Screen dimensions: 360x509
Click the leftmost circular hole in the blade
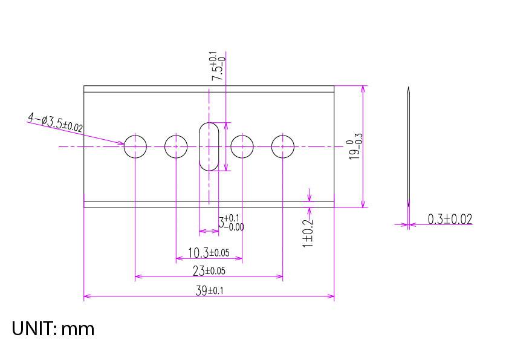pyautogui.click(x=135, y=146)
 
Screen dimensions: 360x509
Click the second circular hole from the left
pyautogui.click(x=176, y=146)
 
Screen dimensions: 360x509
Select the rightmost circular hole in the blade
pyautogui.click(x=282, y=146)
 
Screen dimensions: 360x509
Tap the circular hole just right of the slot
pyautogui.click(x=242, y=146)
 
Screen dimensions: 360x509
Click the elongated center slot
pyautogui.click(x=209, y=146)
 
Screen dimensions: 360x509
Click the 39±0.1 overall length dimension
pyautogui.click(x=209, y=290)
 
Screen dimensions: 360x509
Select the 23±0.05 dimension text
pyautogui.click(x=209, y=270)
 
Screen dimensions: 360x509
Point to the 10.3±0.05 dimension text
pyautogui.click(x=209, y=252)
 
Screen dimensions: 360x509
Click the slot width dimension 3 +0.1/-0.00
pyautogui.click(x=232, y=223)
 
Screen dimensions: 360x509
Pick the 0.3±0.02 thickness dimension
pyautogui.click(x=450, y=219)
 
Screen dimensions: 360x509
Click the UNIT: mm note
pyautogui.click(x=53, y=329)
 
